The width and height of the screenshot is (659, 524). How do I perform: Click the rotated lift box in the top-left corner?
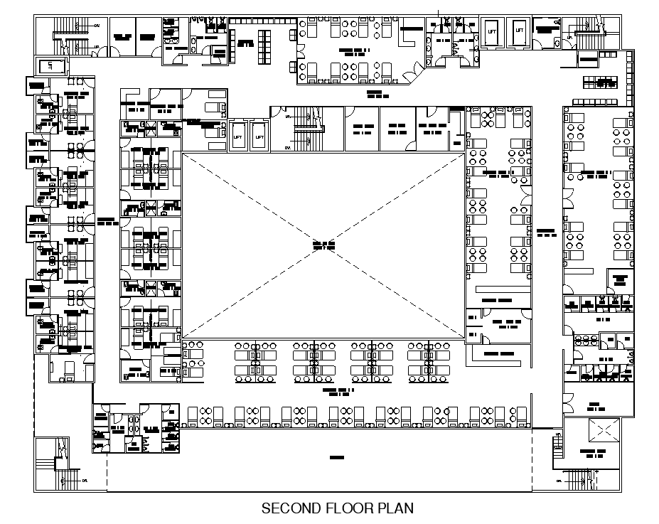(50, 66)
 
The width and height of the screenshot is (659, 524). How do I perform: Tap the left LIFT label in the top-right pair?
(492, 31)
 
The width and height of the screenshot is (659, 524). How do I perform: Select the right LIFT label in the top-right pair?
(519, 31)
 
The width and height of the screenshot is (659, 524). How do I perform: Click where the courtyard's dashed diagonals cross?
(323, 245)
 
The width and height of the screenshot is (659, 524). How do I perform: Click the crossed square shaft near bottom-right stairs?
(604, 431)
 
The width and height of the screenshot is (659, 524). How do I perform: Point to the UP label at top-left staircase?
(97, 47)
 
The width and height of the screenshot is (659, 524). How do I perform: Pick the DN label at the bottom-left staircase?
(85, 481)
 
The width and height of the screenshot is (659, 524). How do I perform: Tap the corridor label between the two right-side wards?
(545, 232)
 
